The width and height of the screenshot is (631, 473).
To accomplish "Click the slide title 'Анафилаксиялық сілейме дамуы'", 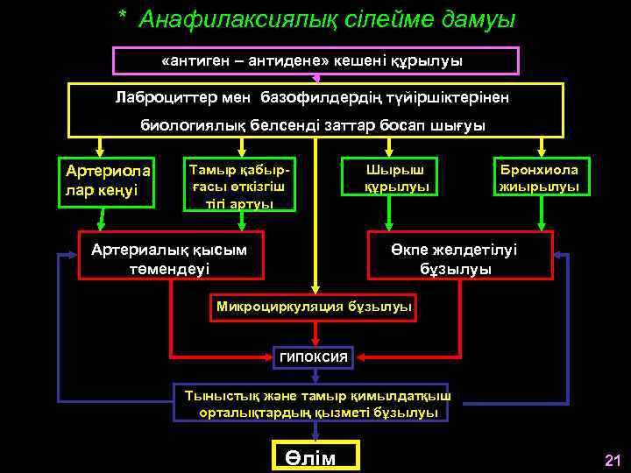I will [x=327, y=18].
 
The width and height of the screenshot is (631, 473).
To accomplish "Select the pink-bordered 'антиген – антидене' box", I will [x=315, y=60].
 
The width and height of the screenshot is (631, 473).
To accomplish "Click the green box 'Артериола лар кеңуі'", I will [x=105, y=182].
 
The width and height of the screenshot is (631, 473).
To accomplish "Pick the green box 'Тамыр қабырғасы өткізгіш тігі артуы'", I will [x=239, y=184].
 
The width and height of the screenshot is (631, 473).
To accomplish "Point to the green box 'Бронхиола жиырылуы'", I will [x=539, y=178].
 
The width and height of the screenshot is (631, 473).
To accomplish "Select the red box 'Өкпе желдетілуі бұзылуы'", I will [x=461, y=255].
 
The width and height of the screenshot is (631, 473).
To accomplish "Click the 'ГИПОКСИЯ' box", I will [x=313, y=357].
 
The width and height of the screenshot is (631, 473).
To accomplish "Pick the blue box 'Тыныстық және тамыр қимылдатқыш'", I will [x=312, y=403].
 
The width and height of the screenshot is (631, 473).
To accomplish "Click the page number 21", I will [x=612, y=461].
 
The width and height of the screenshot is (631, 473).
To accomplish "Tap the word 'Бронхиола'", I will [x=539, y=169].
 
